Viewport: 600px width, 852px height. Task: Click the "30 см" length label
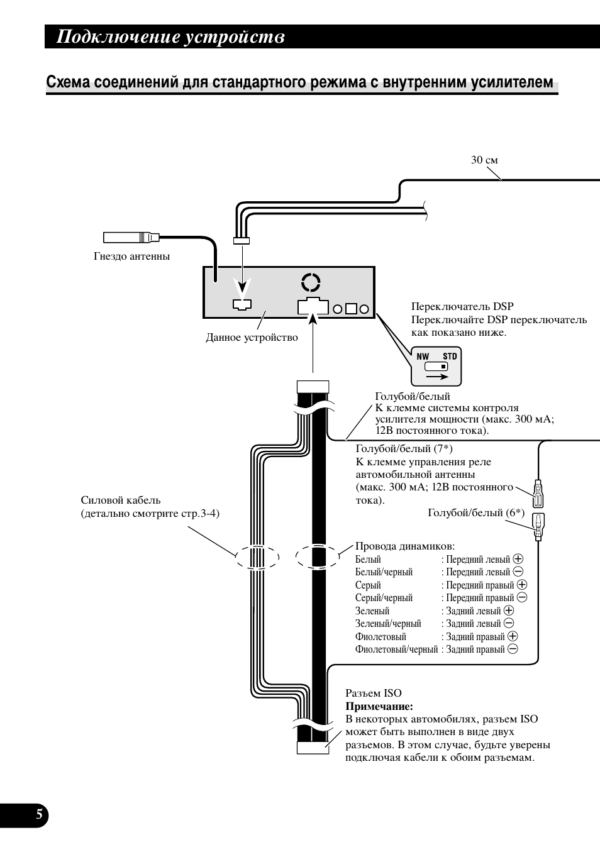click(484, 160)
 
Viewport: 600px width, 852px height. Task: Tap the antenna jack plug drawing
click(131, 238)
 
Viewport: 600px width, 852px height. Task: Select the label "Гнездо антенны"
click(131, 257)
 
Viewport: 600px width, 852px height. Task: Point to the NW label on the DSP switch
click(423, 357)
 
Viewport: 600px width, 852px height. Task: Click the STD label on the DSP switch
click(450, 357)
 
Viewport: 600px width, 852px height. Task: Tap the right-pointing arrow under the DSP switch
click(437, 377)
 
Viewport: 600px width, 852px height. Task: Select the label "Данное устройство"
click(252, 338)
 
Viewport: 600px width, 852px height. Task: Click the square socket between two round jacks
click(351, 309)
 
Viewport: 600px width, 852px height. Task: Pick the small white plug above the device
click(242, 241)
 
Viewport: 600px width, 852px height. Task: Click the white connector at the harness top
click(313, 387)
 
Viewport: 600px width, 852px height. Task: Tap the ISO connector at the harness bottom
click(313, 748)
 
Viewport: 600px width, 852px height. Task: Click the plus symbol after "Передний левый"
click(518, 559)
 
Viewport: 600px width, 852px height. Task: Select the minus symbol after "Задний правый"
click(513, 650)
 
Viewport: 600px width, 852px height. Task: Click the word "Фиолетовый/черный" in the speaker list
click(396, 650)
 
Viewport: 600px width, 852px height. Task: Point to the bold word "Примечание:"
click(379, 707)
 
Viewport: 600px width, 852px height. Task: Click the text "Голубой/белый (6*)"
click(476, 513)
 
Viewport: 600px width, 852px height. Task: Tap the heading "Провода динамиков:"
click(405, 546)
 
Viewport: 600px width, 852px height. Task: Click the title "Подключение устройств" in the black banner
click(170, 37)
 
